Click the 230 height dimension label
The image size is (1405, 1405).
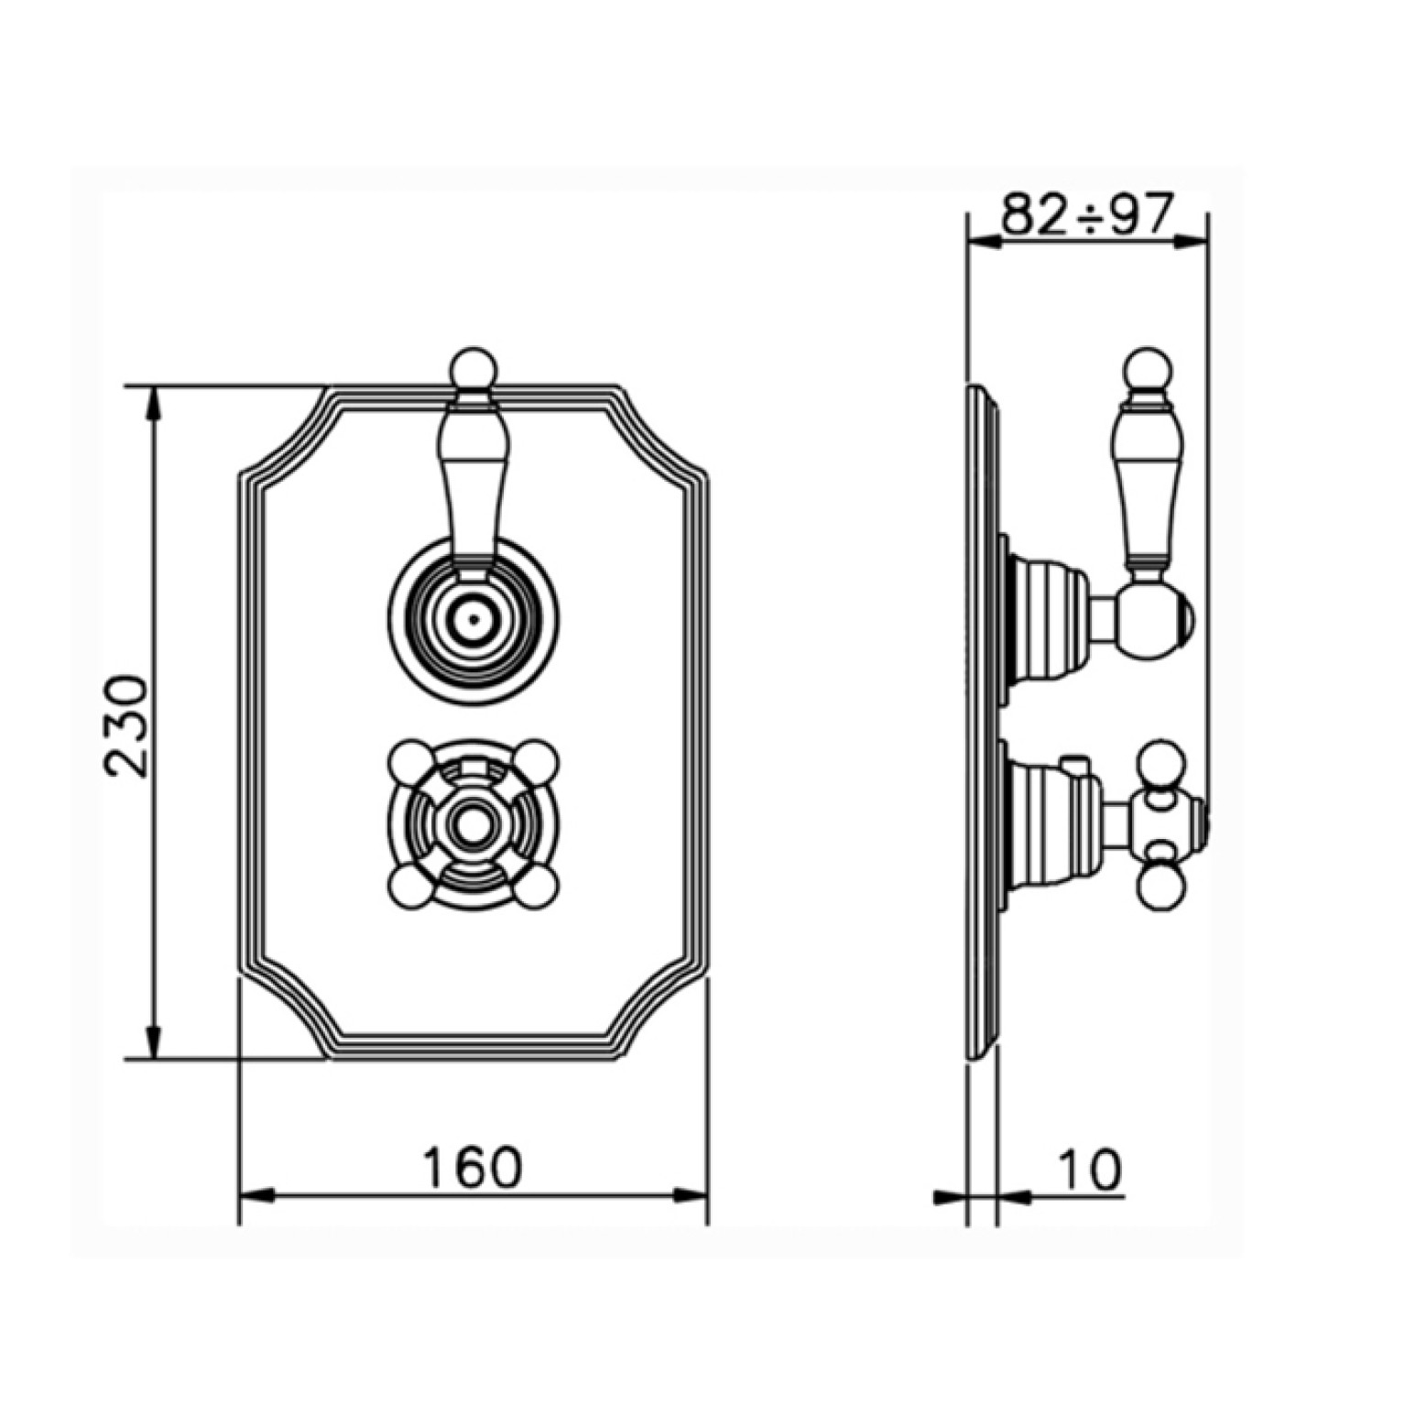126,725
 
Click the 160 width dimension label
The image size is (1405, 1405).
472,1168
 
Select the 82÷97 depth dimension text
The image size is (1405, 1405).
1087,213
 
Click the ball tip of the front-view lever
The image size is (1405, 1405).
474,369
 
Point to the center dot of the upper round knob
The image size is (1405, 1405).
473,619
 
